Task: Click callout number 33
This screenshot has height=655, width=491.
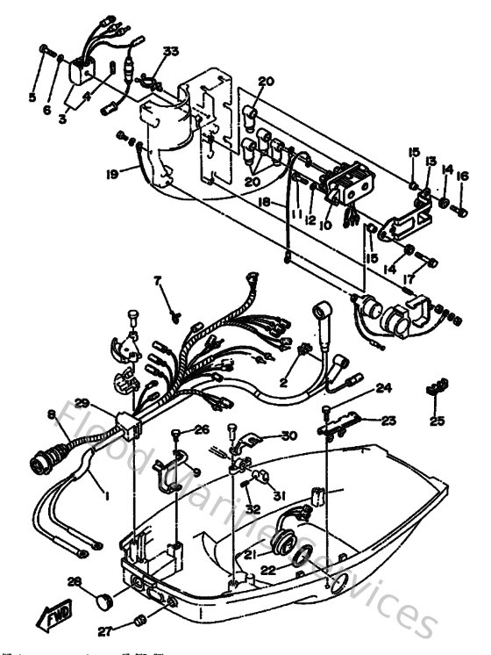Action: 169,52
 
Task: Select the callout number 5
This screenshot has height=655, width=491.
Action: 32,97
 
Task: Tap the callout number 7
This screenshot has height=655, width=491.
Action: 159,282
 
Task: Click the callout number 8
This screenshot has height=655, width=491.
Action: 52,414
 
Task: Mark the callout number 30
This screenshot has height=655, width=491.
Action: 288,435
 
